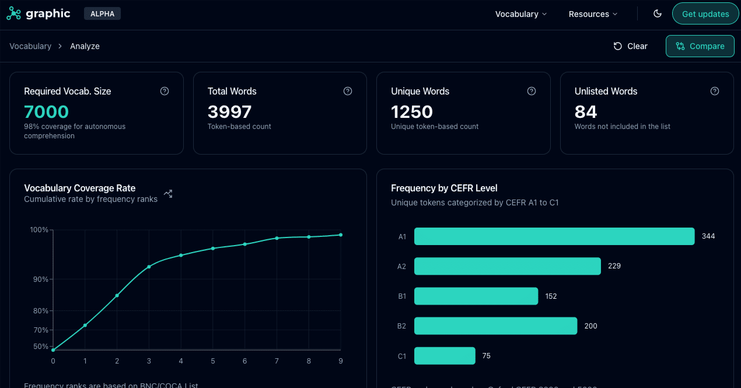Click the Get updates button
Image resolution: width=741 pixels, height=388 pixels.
(x=705, y=14)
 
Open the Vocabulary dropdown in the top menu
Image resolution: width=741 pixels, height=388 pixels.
(x=521, y=14)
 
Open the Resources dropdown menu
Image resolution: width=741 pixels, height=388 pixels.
(x=593, y=14)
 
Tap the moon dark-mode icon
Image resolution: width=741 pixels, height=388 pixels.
(x=658, y=14)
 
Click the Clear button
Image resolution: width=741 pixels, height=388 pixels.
(x=630, y=46)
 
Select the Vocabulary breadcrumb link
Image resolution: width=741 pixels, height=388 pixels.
(x=30, y=46)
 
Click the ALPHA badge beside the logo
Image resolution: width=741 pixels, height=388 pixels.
(x=102, y=13)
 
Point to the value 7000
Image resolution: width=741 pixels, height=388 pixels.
(x=47, y=111)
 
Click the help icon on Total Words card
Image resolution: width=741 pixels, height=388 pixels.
(x=348, y=91)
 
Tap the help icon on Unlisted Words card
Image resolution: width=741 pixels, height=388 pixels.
(x=715, y=91)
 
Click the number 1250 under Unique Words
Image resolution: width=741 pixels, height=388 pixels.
(x=412, y=111)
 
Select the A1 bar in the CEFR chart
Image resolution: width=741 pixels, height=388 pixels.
(x=554, y=236)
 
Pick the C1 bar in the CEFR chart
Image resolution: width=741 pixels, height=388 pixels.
(x=445, y=356)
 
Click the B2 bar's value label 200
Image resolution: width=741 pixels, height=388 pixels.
(x=590, y=326)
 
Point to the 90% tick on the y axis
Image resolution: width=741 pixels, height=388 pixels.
(x=40, y=279)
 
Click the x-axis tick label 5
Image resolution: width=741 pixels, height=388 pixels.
(x=213, y=361)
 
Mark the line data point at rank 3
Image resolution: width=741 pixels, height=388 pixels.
(x=149, y=267)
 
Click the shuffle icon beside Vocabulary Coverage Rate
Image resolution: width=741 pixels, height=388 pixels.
(x=168, y=194)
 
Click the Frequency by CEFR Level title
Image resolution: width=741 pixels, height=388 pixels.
(x=444, y=188)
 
